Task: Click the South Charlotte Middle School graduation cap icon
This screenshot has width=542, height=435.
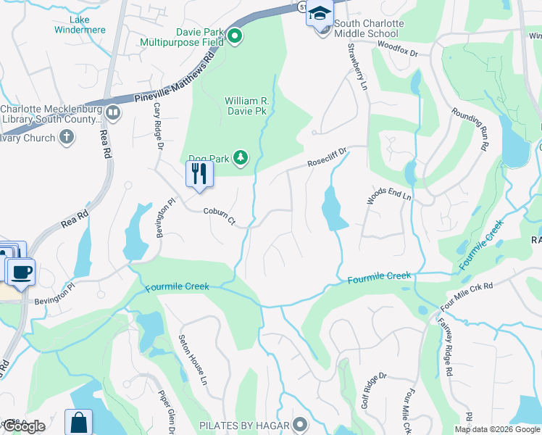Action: click(319, 14)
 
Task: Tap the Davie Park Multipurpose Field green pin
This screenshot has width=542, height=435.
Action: click(234, 36)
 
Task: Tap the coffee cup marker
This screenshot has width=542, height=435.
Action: click(20, 272)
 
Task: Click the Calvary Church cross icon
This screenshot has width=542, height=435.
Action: click(67, 138)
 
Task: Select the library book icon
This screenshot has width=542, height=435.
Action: click(113, 113)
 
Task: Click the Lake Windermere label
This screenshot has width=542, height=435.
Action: click(80, 25)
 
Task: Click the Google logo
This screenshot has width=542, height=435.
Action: click(24, 426)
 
